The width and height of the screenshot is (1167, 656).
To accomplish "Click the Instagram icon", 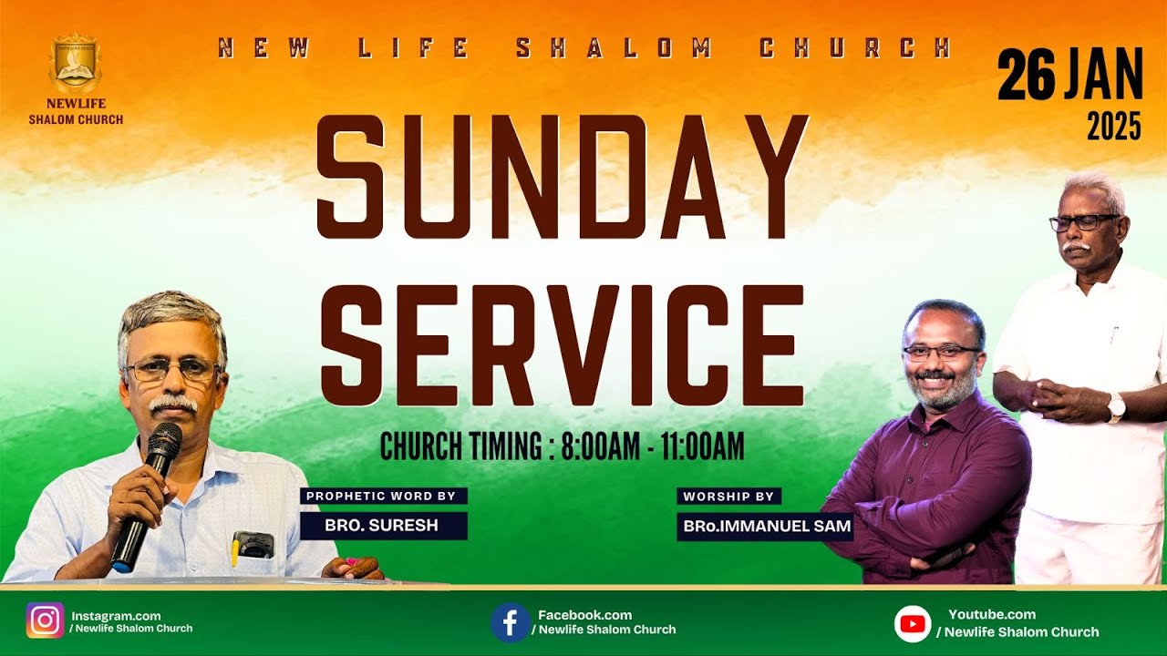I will [45, 620].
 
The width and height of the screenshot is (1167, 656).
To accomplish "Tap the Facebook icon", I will [510, 622].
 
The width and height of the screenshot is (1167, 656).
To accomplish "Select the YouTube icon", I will [912, 624].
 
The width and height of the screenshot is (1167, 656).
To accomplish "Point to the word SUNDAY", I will [562, 177].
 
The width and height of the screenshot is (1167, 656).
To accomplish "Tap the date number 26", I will [1026, 76].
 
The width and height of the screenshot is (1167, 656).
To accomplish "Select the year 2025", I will [1113, 127].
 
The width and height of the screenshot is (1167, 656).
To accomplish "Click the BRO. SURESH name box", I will [384, 526].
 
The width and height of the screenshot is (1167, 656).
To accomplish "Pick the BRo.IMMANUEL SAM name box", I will [765, 526].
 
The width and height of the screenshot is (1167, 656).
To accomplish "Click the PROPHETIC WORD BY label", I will [384, 497].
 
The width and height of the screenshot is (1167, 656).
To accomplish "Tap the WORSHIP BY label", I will [728, 497].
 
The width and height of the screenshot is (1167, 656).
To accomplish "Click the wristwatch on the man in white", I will [1115, 407].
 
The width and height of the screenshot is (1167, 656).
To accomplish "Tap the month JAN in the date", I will [1102, 76].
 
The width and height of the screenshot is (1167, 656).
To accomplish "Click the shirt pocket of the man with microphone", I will [253, 545].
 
